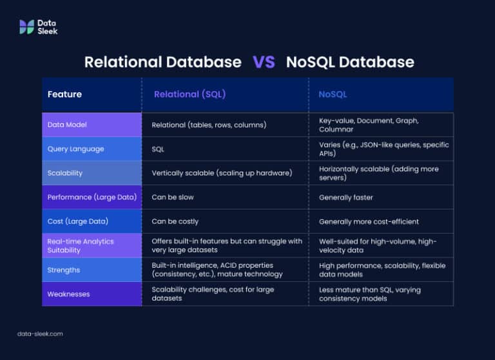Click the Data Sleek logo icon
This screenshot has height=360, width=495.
(x=26, y=26)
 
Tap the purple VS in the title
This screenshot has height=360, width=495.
(x=264, y=62)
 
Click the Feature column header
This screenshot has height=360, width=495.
(x=64, y=94)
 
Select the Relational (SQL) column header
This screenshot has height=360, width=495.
(x=189, y=94)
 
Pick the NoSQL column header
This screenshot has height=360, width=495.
(x=333, y=94)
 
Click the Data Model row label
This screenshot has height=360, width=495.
(x=67, y=125)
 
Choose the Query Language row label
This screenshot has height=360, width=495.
(x=75, y=149)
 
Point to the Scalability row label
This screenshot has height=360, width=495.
(x=65, y=173)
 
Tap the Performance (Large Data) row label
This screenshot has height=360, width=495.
(x=92, y=197)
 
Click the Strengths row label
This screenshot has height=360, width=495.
(x=63, y=270)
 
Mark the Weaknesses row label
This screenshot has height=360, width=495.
(x=68, y=294)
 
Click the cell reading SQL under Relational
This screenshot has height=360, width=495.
(x=158, y=149)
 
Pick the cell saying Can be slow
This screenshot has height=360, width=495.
(x=173, y=197)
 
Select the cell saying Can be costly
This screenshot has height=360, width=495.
(x=175, y=221)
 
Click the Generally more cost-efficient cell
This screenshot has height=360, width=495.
(x=369, y=221)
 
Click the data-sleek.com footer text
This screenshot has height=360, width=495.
(x=40, y=334)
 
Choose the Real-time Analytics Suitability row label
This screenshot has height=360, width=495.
(x=81, y=245)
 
